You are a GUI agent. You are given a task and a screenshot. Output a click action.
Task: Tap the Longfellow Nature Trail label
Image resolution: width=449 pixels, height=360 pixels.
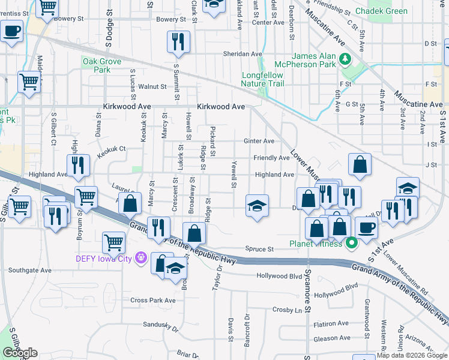[x=262, y=79]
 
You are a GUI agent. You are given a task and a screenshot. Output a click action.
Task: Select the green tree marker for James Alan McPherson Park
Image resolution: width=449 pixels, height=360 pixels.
[x=345, y=59]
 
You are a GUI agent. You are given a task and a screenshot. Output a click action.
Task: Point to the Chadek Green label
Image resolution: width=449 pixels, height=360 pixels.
[x=381, y=11]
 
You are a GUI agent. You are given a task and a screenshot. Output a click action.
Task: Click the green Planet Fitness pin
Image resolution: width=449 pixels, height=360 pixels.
[x=352, y=243]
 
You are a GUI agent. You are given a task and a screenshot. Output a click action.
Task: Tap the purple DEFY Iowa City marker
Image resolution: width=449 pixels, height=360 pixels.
[x=141, y=259]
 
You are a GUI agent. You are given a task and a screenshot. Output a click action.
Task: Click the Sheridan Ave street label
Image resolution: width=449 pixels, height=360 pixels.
[x=223, y=53]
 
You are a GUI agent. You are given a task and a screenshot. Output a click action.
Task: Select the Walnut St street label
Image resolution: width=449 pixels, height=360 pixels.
[x=152, y=86]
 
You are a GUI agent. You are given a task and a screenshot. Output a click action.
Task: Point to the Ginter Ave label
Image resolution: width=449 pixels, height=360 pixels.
[x=259, y=141]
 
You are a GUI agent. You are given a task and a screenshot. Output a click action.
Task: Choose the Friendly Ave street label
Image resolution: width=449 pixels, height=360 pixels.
[x=271, y=158]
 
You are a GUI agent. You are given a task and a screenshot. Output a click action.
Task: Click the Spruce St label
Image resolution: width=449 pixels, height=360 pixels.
[x=259, y=249]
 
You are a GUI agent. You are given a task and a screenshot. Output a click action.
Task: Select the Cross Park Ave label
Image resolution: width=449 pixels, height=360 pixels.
[x=153, y=300]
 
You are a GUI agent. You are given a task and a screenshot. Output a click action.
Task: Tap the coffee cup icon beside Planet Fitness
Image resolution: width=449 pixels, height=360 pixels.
[x=366, y=227]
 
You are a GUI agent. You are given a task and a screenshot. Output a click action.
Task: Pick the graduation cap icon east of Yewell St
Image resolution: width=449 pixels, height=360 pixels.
[x=256, y=206]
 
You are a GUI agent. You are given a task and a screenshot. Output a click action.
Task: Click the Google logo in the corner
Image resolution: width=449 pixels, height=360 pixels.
[x=20, y=353]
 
